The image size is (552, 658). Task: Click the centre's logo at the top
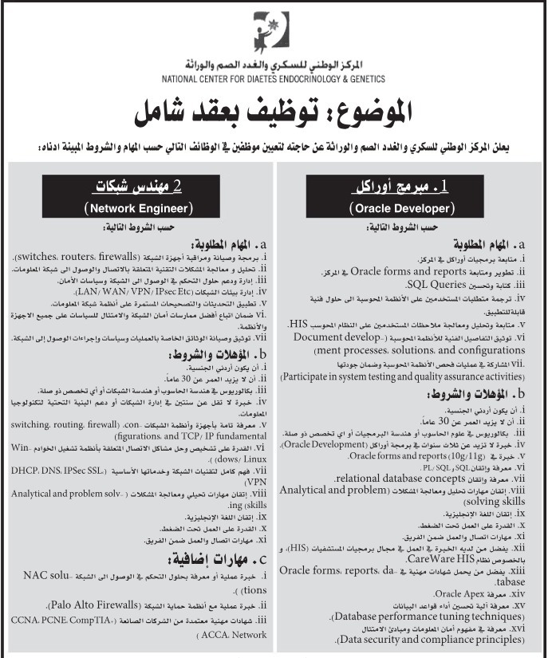point(275,32)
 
